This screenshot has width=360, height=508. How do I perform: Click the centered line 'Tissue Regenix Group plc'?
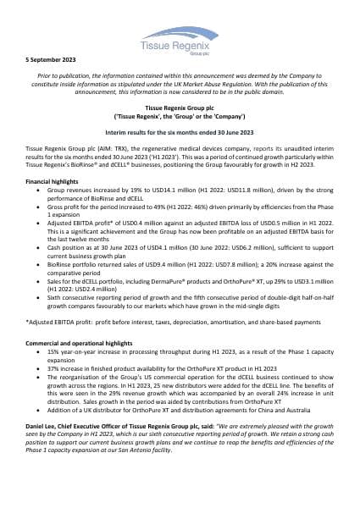(180, 108)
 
